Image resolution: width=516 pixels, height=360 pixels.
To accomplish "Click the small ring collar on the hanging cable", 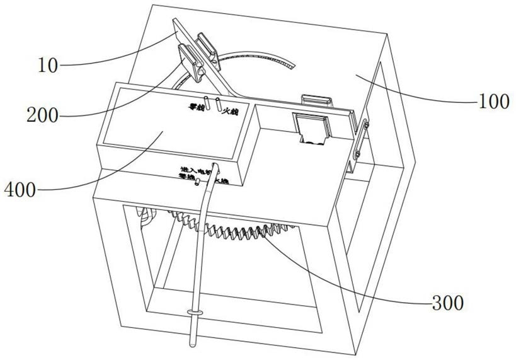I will click(x=195, y=313).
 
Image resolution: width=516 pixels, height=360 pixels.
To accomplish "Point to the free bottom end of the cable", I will click(x=190, y=346).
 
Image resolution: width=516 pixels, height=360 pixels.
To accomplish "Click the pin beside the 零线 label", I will click(x=205, y=103).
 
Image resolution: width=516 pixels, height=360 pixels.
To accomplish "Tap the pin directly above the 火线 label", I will click(x=219, y=105).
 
